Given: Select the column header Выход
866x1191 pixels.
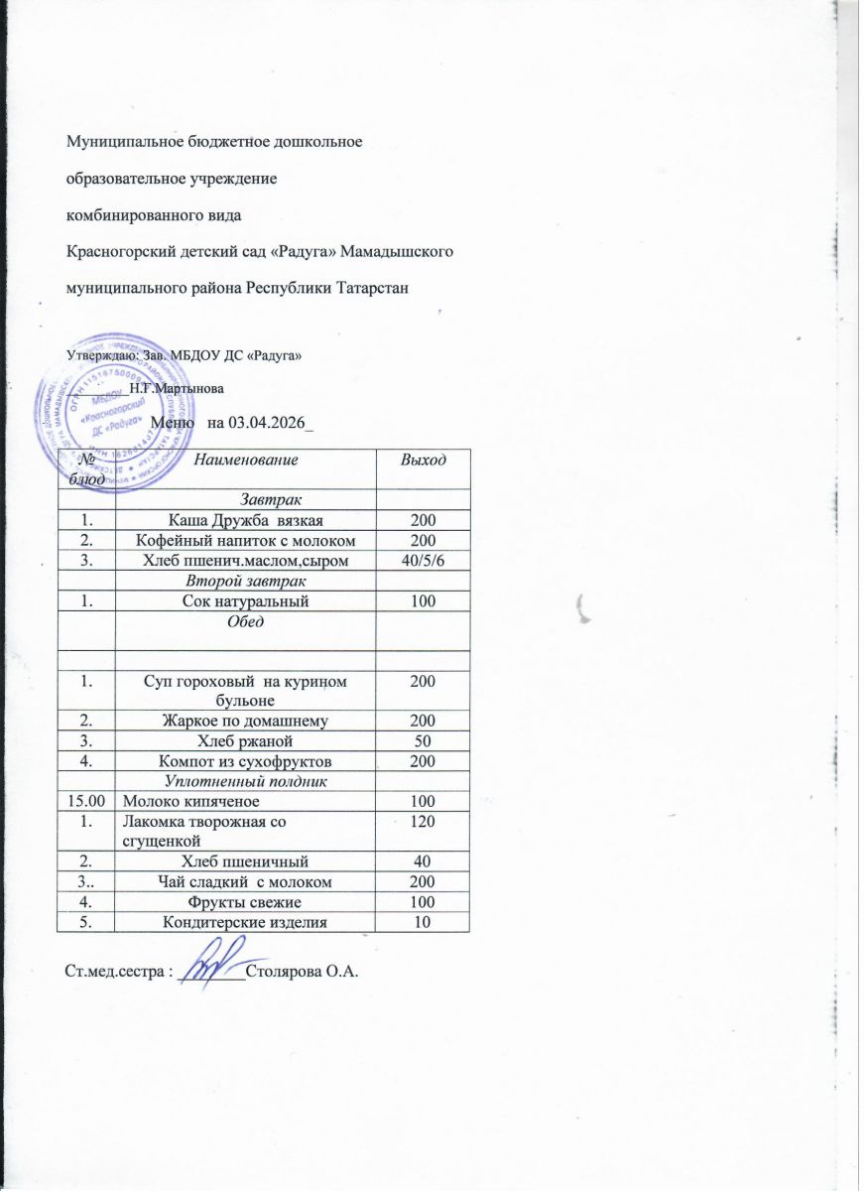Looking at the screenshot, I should (x=421, y=459).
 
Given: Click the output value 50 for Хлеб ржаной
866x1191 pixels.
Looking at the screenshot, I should (x=421, y=741).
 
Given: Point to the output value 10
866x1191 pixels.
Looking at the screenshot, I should (x=421, y=922).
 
